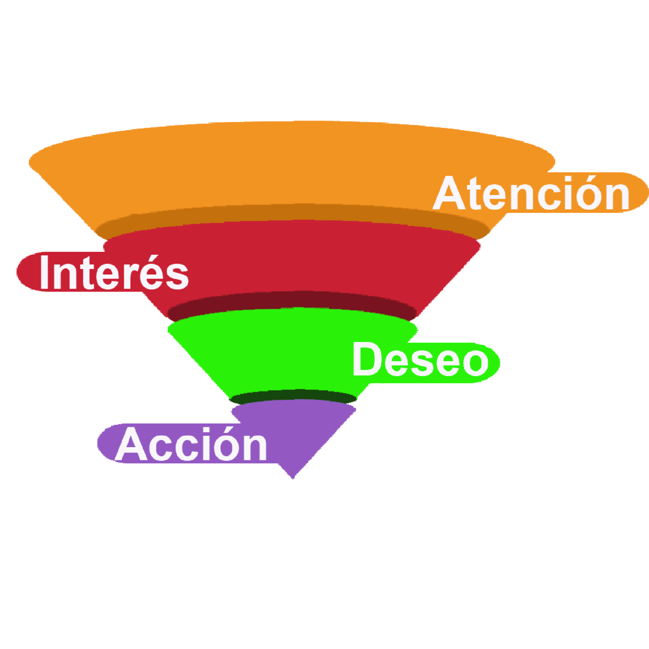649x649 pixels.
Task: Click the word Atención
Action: click(x=531, y=193)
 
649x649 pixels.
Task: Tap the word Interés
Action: click(x=114, y=272)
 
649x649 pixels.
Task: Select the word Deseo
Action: click(x=421, y=359)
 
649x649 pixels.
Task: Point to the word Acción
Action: click(x=191, y=444)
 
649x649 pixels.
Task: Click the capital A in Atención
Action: click(x=450, y=193)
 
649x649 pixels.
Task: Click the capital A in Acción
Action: click(x=132, y=444)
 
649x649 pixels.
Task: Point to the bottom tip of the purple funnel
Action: click(x=293, y=479)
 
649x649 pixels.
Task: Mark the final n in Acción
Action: click(x=256, y=448)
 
